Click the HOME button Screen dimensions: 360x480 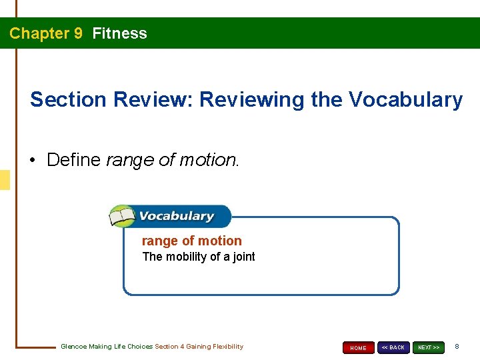(x=359, y=347)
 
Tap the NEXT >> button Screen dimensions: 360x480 (x=428, y=347)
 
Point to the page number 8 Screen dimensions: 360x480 (x=457, y=347)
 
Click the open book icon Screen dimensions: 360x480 (x=122, y=217)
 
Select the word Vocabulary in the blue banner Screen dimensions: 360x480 (x=176, y=216)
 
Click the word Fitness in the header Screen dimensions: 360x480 (x=119, y=33)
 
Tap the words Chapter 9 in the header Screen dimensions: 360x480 (x=46, y=33)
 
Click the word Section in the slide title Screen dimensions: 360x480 (x=68, y=100)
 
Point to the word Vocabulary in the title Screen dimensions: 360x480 (x=407, y=100)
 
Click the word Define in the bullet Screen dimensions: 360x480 (x=74, y=160)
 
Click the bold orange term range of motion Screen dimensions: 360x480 (x=192, y=241)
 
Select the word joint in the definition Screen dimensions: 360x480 (x=243, y=257)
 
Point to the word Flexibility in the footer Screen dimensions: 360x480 (x=228, y=347)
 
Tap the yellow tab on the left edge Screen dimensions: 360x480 (x=5, y=180)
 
